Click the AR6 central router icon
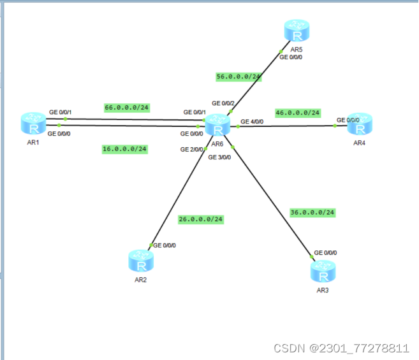(x=218, y=126)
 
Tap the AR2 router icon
(x=140, y=261)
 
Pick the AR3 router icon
(x=323, y=272)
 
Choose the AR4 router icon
(x=360, y=125)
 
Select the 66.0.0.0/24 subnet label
(x=127, y=108)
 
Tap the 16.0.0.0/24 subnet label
(x=125, y=149)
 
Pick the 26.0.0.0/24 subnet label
(x=201, y=219)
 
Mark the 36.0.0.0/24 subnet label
(x=312, y=212)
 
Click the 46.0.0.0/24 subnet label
(x=298, y=113)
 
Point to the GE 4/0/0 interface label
(x=252, y=121)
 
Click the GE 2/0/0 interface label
(x=191, y=150)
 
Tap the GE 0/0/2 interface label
(x=223, y=103)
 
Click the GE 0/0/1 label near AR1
(x=61, y=112)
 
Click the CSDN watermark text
(x=341, y=348)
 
